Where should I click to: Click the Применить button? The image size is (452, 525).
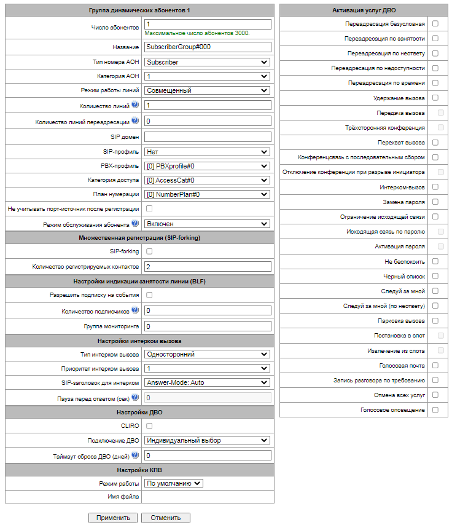click(113, 518)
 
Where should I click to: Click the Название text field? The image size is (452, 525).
click(207, 47)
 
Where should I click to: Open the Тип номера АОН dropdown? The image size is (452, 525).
click(207, 62)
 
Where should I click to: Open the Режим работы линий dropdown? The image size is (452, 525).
click(207, 90)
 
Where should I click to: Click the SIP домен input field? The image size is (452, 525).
click(207, 136)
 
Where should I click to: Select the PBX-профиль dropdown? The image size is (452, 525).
click(207, 166)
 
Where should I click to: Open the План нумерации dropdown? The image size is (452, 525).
click(207, 194)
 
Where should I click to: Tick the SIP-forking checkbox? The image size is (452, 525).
click(149, 251)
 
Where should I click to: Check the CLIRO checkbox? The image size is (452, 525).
click(149, 425)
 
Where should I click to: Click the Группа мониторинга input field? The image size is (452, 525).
click(207, 326)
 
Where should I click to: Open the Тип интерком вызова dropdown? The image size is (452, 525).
click(207, 353)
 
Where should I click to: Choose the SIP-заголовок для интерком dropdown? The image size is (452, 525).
click(207, 382)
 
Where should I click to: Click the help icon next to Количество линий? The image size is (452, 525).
click(135, 105)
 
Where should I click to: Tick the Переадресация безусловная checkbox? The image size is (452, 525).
click(435, 23)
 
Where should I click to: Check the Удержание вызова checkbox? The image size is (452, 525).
click(435, 98)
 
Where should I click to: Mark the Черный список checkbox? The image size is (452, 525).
click(435, 276)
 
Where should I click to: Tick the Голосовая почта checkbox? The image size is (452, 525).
click(435, 365)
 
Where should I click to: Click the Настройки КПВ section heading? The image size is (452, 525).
click(139, 470)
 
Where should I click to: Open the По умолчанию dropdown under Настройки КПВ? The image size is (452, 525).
click(173, 483)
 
